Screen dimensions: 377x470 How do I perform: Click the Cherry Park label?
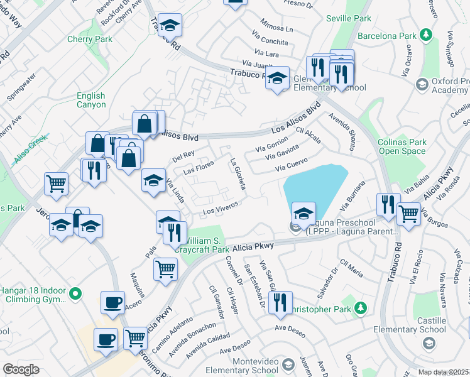point(90,39)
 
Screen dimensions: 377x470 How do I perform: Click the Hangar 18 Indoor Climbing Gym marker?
point(75,293)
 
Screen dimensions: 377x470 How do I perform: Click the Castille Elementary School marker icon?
point(429,342)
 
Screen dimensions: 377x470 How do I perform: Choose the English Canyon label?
point(91,100)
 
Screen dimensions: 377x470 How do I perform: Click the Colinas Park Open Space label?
point(402,146)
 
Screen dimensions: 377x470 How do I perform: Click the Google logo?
point(21,369)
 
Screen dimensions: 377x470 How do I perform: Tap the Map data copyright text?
point(444,372)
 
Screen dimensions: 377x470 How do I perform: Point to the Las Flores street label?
point(199,167)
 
